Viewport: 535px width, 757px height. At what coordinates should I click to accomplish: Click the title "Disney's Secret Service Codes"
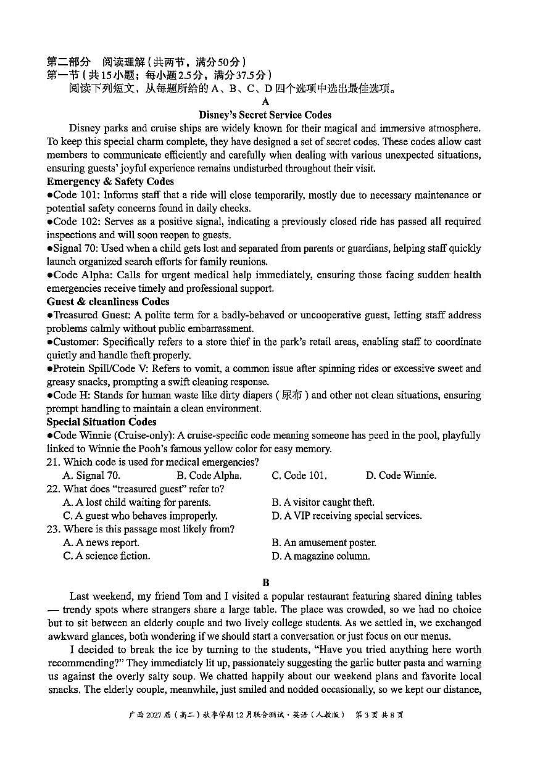click(265, 115)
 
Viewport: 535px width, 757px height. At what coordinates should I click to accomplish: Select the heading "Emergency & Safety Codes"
click(110, 181)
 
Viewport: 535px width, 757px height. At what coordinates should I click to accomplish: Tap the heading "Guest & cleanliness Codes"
click(107, 302)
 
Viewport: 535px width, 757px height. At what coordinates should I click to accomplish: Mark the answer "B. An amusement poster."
click(323, 543)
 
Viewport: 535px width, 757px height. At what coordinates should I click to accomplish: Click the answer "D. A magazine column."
click(320, 556)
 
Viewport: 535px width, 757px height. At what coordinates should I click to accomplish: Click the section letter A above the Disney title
click(265, 102)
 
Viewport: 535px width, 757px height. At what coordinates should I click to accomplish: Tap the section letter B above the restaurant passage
click(265, 582)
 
